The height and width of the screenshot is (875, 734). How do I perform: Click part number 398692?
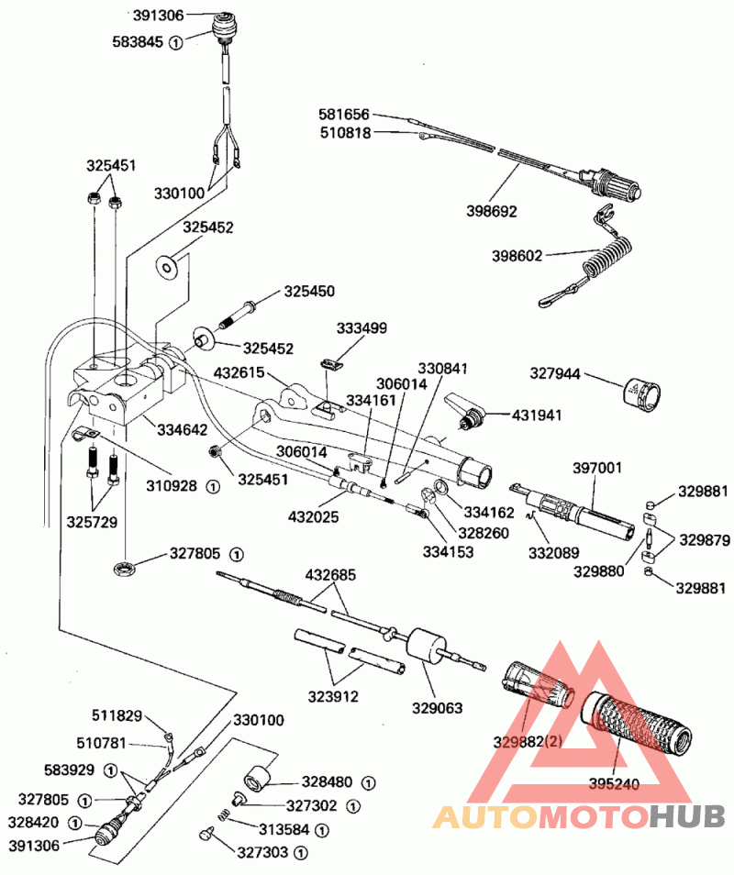491,211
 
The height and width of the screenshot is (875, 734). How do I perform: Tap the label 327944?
556,373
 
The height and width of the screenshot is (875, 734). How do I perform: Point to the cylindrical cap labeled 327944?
639,392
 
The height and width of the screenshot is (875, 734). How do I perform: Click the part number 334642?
182,429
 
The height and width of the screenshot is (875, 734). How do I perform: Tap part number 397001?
597,468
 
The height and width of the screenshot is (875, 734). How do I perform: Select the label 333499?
361,327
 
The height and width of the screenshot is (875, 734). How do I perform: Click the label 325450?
309,292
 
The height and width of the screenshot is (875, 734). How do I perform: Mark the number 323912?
332,696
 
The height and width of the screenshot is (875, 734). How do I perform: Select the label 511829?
117,714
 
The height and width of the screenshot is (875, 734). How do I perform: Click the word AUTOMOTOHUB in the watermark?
578,814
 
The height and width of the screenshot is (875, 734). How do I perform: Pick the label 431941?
536,415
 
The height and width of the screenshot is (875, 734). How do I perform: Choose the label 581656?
344,115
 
